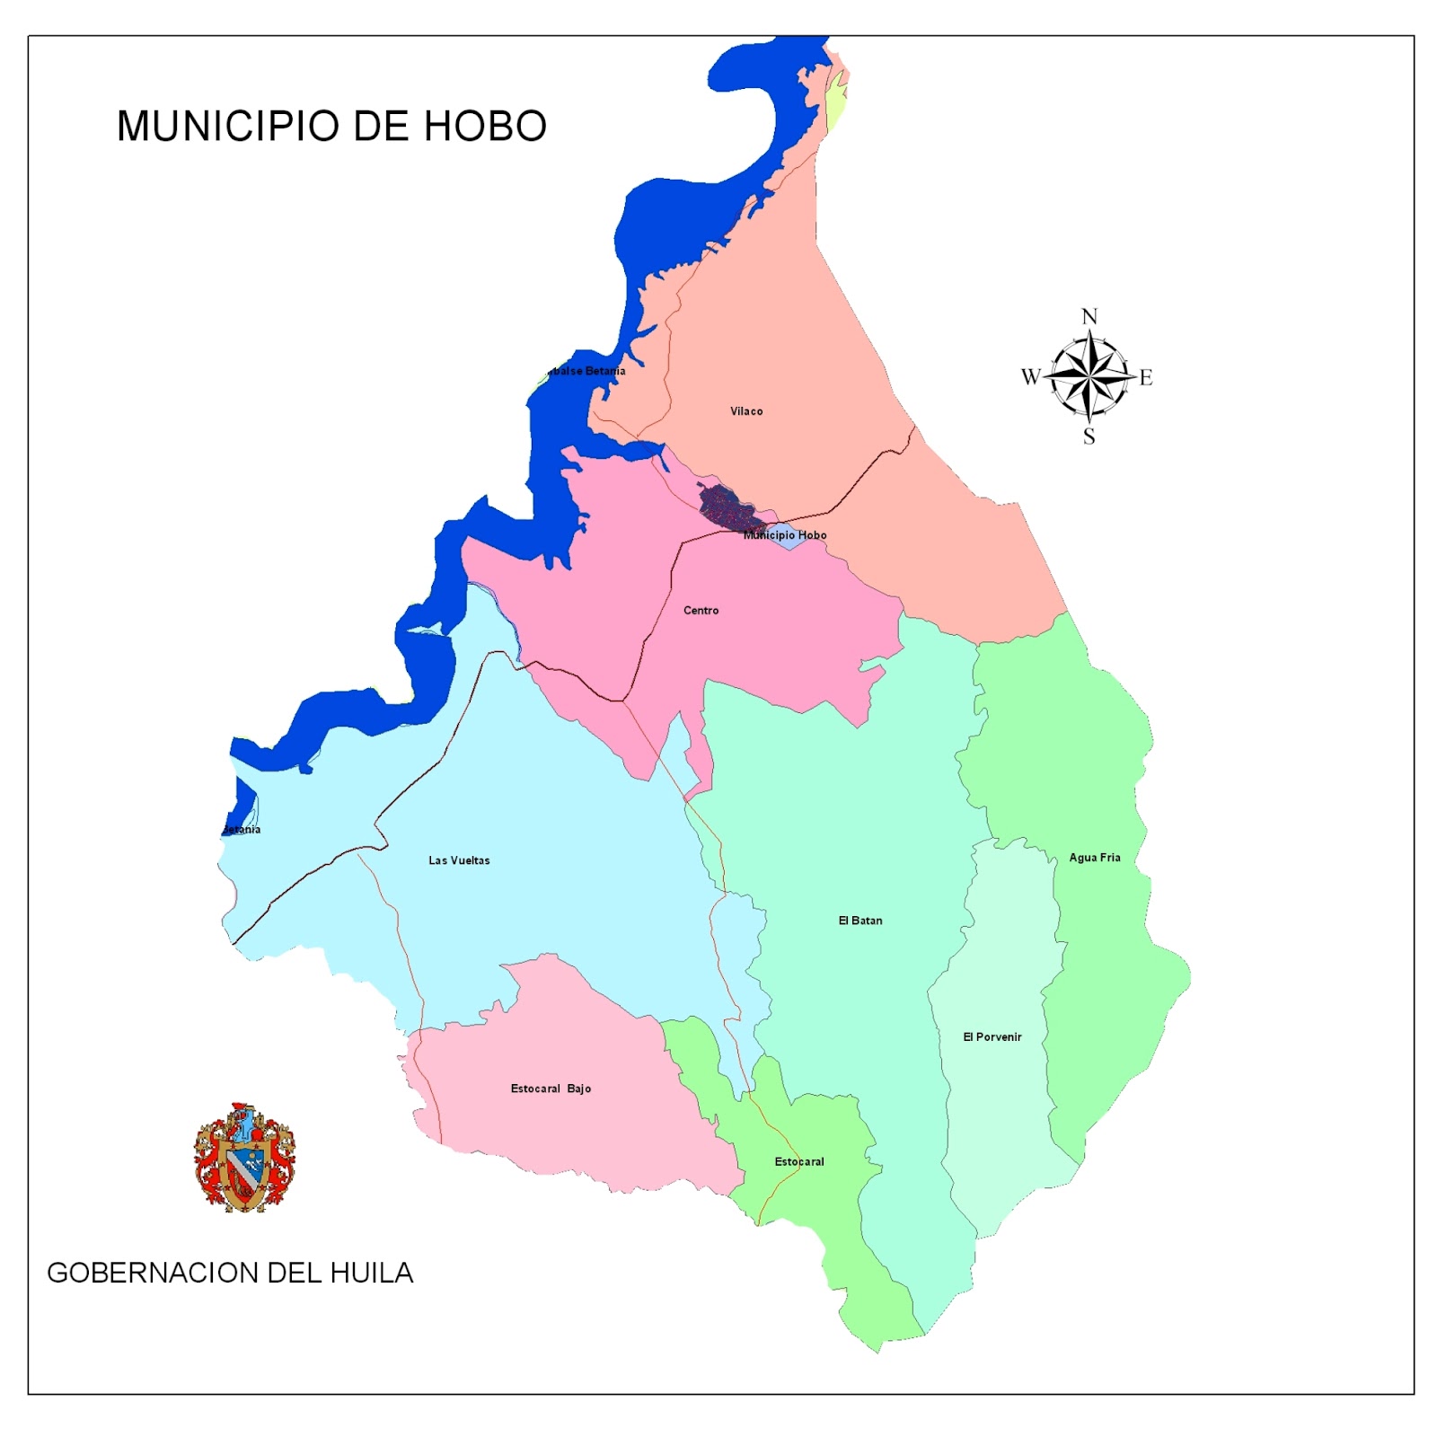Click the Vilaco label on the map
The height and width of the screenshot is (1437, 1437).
(x=746, y=411)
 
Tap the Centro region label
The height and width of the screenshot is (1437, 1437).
(x=701, y=611)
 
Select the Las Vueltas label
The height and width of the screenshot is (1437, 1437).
(x=459, y=860)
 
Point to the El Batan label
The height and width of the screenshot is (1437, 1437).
(x=860, y=921)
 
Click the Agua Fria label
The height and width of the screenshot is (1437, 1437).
(x=1095, y=858)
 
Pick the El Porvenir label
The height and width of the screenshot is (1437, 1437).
(x=992, y=1037)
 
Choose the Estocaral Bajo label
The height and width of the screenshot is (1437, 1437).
(x=551, y=1089)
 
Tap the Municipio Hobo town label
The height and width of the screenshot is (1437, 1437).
(x=785, y=535)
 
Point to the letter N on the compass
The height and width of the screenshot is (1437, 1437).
(x=1089, y=317)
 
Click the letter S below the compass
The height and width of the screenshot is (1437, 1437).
(x=1089, y=437)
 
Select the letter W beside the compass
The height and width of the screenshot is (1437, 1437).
(x=1030, y=377)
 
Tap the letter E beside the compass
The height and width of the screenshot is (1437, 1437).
(x=1146, y=378)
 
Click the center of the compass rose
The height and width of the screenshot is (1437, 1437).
(x=1089, y=377)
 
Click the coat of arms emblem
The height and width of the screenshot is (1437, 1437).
(x=244, y=1158)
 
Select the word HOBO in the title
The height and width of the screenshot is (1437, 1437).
(x=485, y=127)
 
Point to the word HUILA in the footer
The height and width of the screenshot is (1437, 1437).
(x=372, y=1274)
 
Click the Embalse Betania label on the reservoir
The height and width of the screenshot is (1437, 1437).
(x=587, y=371)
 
